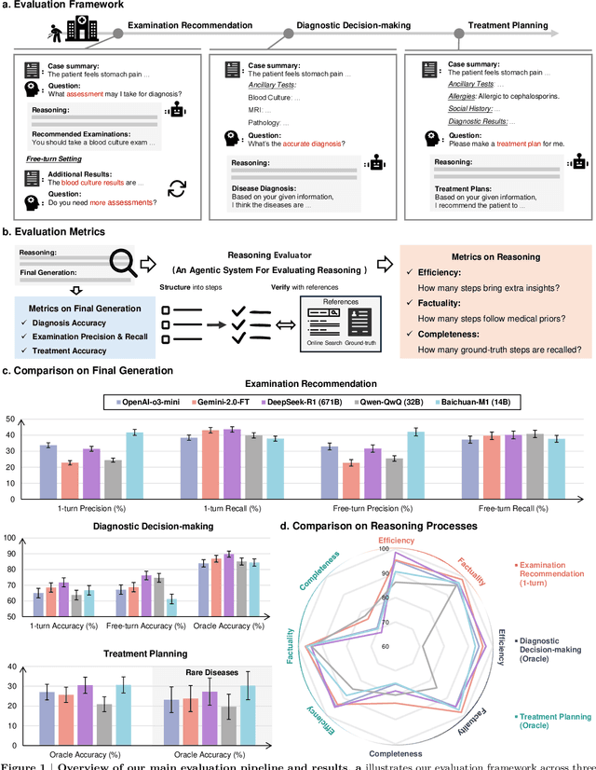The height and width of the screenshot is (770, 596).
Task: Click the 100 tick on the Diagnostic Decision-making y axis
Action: pyautogui.click(x=10, y=538)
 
